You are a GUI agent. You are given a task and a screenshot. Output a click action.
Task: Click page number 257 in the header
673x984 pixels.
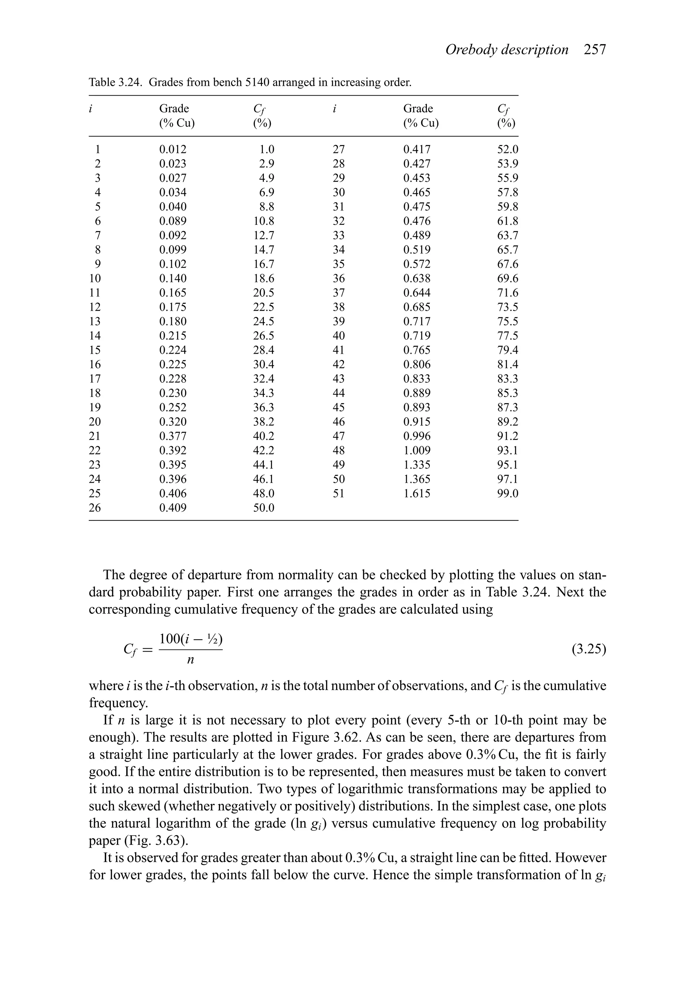[x=595, y=50]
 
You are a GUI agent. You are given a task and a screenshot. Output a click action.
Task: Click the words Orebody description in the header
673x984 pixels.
[x=507, y=50]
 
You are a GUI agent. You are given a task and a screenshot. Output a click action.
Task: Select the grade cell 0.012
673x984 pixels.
[x=173, y=150]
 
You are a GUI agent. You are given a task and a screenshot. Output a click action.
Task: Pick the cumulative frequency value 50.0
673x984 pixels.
[x=264, y=508]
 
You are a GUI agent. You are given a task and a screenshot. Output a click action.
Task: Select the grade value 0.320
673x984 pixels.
[x=173, y=422]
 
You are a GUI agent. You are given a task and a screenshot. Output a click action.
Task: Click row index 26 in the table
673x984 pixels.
[x=95, y=508]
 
